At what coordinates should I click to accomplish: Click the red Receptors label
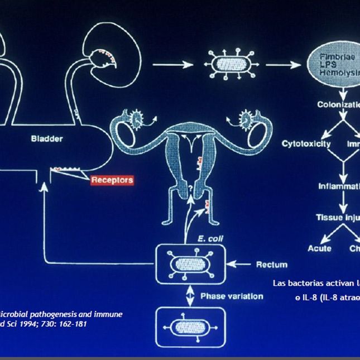112,180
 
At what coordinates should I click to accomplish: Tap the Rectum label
272,264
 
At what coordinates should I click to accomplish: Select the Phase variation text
232,296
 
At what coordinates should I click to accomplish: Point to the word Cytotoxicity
306,143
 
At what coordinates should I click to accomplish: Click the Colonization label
338,104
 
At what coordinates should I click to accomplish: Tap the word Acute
320,248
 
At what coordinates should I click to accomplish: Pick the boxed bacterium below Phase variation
191,327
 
